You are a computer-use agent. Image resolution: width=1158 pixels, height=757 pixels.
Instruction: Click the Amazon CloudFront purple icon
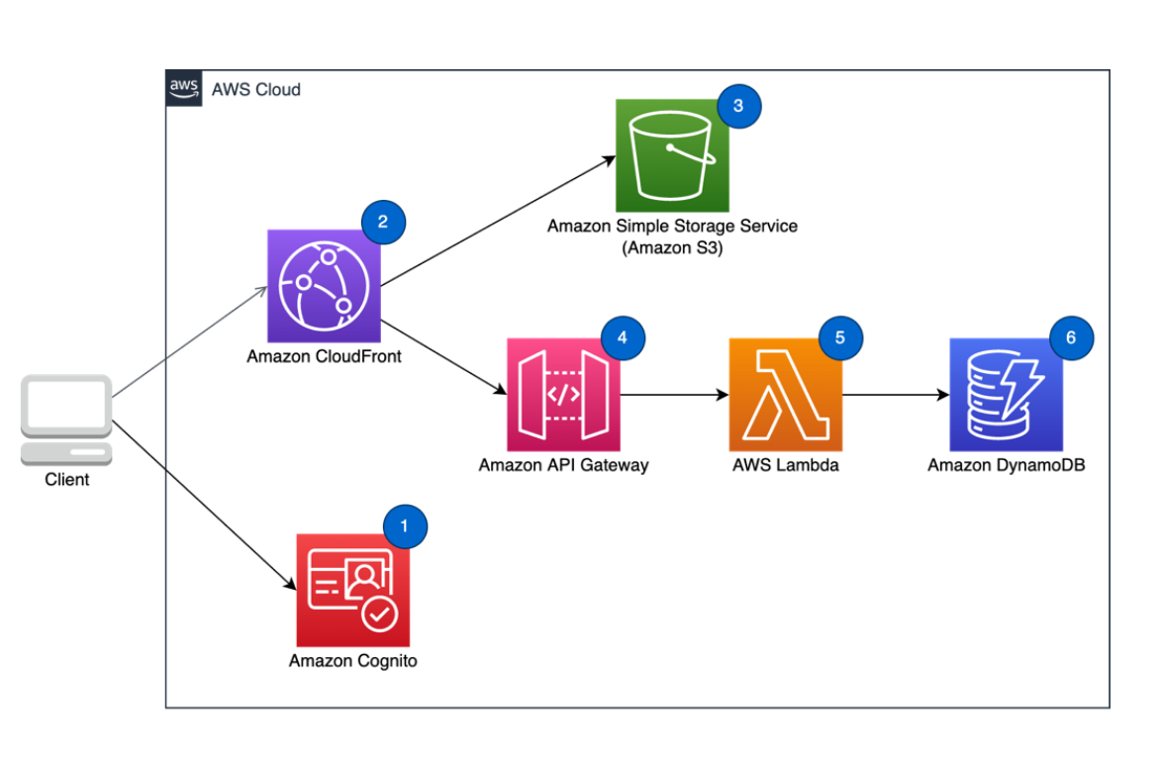[324, 286]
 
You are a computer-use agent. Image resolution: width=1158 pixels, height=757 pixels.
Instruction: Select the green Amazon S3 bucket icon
[672, 155]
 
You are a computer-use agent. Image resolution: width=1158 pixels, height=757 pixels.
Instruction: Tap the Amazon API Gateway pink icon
[563, 394]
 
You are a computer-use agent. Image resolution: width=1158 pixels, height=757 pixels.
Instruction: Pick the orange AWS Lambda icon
[785, 394]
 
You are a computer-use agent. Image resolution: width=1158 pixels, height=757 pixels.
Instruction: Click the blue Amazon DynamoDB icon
[1006, 394]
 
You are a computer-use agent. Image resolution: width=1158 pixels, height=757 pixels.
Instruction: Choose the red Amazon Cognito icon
[352, 590]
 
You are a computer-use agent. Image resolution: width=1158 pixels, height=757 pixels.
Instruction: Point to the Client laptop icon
[66, 420]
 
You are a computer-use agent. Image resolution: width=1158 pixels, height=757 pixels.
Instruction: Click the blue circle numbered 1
[405, 525]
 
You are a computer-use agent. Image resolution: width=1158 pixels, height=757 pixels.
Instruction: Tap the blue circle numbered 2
[383, 223]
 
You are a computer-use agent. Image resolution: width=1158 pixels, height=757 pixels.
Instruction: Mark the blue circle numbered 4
[622, 337]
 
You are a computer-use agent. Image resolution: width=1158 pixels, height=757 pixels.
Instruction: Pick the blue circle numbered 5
[840, 337]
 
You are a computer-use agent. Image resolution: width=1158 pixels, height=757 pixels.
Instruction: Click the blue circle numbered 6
[1070, 337]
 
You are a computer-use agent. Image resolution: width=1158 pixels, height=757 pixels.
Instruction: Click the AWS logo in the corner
[184, 88]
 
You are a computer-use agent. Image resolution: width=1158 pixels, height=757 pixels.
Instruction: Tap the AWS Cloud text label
[256, 90]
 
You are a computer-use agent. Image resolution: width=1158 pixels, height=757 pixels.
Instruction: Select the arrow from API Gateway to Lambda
[673, 395]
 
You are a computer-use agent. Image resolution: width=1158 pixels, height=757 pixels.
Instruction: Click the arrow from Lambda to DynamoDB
[894, 395]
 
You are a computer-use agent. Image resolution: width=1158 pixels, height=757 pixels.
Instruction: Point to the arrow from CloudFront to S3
[495, 222]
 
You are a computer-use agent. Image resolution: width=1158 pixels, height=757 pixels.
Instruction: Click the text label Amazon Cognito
[352, 661]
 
